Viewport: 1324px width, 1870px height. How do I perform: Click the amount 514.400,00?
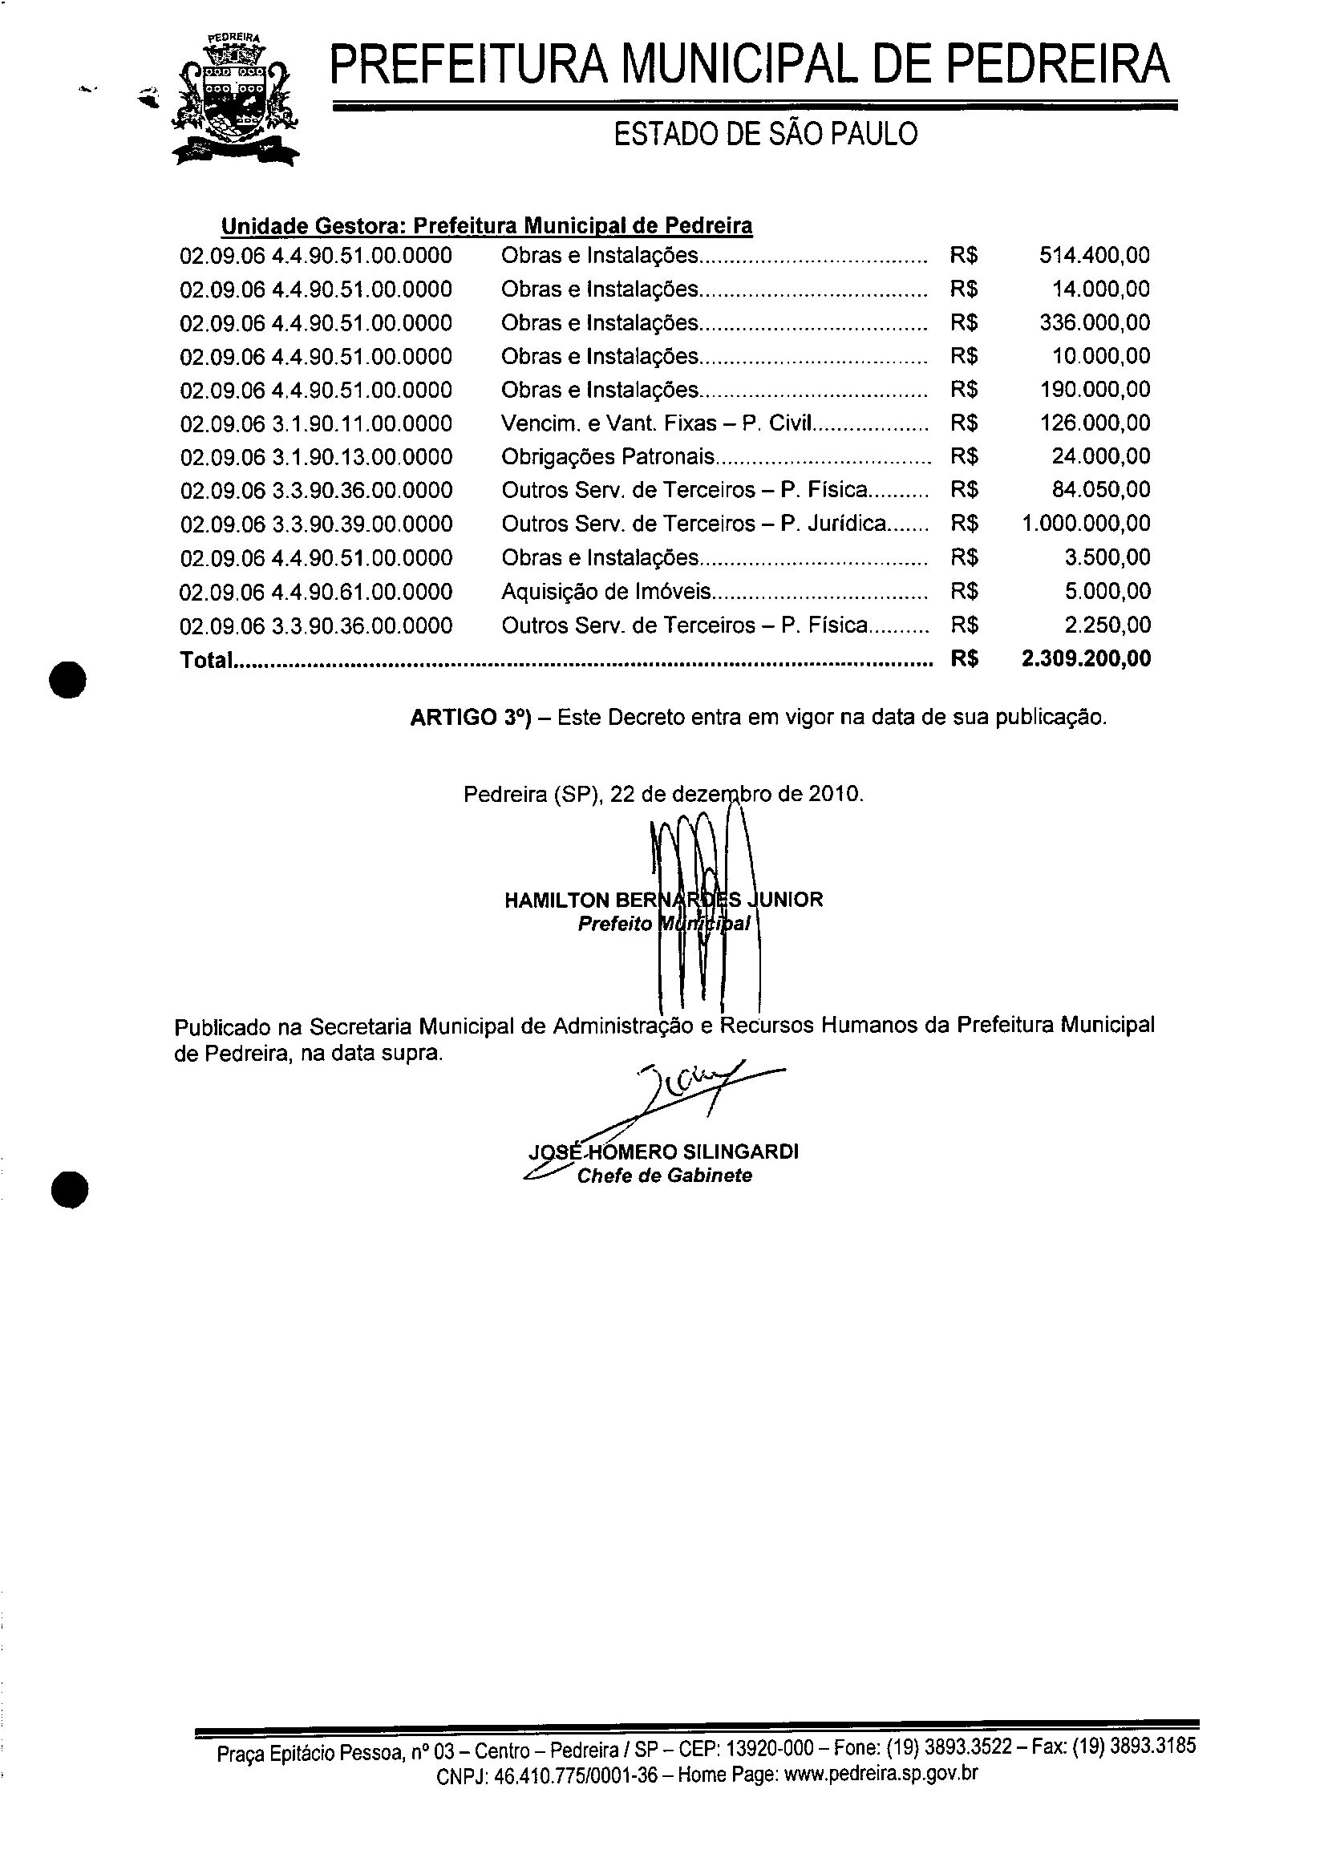[1094, 256]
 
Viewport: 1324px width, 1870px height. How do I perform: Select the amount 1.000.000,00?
[1086, 524]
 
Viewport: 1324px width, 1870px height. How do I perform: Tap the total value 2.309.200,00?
[1086, 658]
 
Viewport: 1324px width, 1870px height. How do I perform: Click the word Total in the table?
[205, 660]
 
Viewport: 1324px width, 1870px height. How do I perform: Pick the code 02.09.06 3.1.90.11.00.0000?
[316, 424]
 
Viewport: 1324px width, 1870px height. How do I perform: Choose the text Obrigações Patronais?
[607, 457]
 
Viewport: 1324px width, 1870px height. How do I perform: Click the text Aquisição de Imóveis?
[605, 592]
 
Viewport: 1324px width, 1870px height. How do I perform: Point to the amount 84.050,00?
[1100, 490]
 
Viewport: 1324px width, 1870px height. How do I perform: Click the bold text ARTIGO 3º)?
[471, 718]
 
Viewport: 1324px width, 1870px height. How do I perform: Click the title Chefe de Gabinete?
[665, 1176]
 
